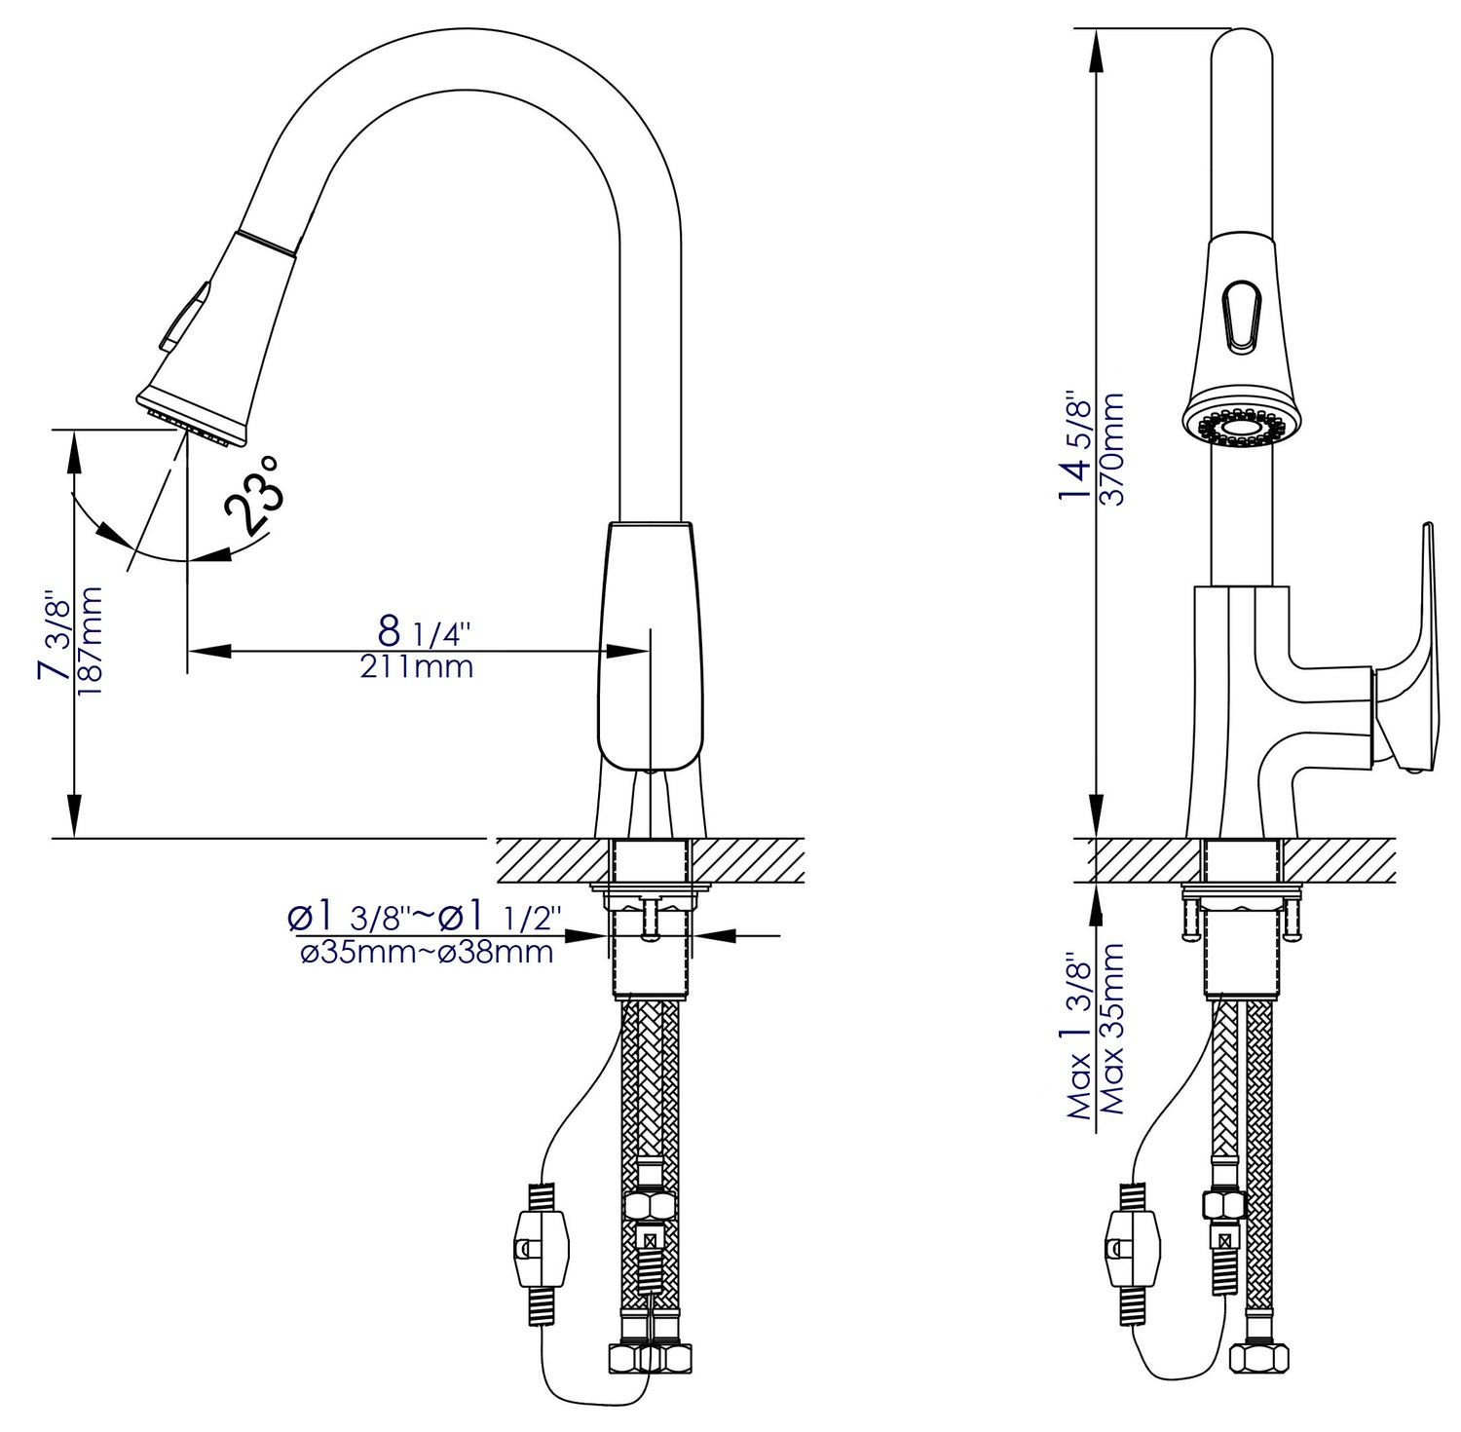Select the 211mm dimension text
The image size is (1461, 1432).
[x=417, y=667]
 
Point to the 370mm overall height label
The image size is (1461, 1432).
[x=1111, y=448]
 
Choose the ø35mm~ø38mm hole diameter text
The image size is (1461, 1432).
[x=427, y=952]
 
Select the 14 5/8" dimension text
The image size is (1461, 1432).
[x=1077, y=447]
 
